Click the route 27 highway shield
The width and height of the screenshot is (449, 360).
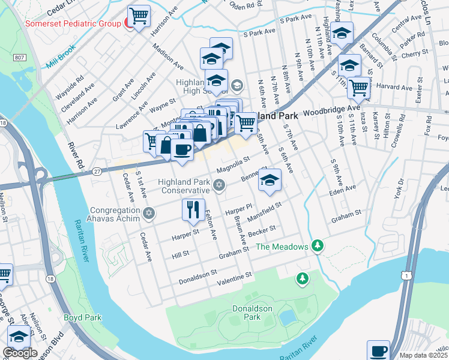pos(96,172)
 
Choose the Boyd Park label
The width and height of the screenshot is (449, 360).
pos(83,317)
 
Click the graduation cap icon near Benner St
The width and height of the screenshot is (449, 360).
pos(270,179)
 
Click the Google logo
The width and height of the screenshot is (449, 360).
pos(20,353)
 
